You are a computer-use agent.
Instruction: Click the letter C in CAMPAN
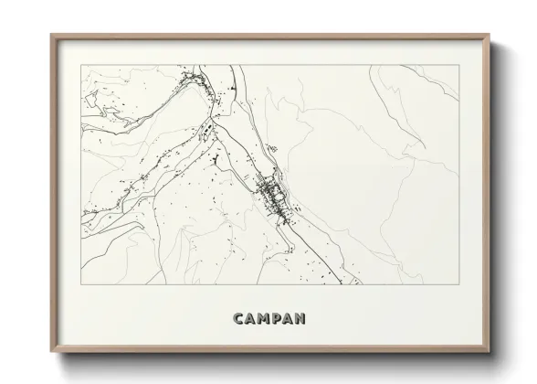click(x=238, y=319)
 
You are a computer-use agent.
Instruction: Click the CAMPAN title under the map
click(x=268, y=319)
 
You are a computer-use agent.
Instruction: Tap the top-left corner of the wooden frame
click(x=51, y=35)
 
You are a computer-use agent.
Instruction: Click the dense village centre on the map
click(x=271, y=194)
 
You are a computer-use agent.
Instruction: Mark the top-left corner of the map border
click(x=81, y=65)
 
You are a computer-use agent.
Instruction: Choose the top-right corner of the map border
click(x=459, y=65)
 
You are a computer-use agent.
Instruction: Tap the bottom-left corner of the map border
click(x=81, y=283)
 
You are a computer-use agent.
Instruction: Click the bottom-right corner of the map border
click(x=459, y=283)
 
